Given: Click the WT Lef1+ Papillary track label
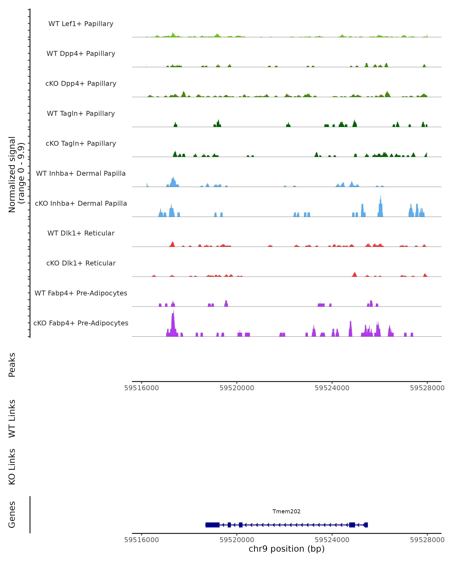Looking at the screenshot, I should [81, 24].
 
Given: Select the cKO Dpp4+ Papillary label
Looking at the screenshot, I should [81, 83].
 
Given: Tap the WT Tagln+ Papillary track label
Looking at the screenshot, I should [81, 113].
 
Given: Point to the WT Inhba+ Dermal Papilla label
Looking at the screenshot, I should [81, 173].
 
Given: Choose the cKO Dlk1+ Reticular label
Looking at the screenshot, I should [81, 263].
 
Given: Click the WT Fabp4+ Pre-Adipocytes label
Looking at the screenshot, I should [81, 293].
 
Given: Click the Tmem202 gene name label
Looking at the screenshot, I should [286, 511].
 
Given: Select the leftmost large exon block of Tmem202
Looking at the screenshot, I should [212, 525].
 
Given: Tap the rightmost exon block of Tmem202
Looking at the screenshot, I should [366, 525].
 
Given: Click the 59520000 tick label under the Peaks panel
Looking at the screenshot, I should [237, 388].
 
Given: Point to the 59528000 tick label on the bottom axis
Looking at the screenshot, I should [427, 540].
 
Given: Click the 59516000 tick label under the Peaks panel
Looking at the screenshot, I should [142, 388].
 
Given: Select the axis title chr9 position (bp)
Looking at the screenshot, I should [286, 549].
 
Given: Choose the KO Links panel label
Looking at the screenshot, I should [12, 467].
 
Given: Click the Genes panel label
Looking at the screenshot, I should [12, 515].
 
